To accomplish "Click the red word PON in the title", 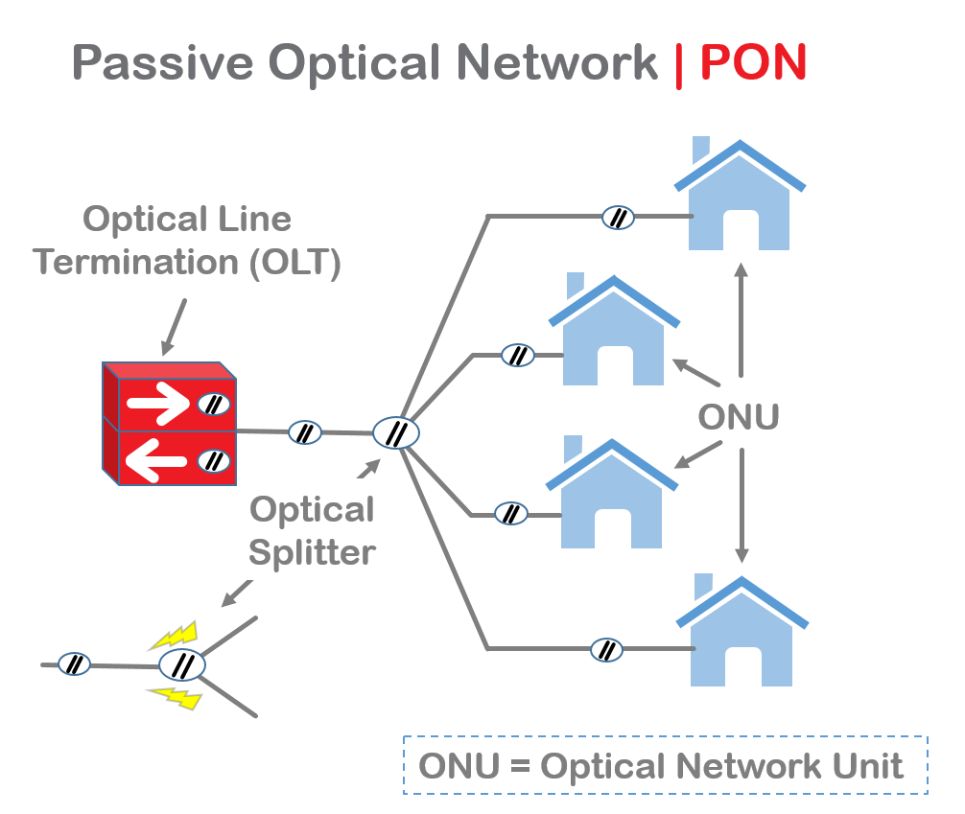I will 754,63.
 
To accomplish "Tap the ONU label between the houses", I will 738,418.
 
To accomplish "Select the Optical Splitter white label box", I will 312,530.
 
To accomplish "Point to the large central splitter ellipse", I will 396,433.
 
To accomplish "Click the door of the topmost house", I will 741,230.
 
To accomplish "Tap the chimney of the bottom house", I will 703,587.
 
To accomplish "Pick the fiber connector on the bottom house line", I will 606,650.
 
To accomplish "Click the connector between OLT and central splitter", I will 305,432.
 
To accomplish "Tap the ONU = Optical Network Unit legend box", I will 665,765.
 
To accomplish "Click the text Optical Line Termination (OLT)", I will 187,241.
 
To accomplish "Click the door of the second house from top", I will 615,366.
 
